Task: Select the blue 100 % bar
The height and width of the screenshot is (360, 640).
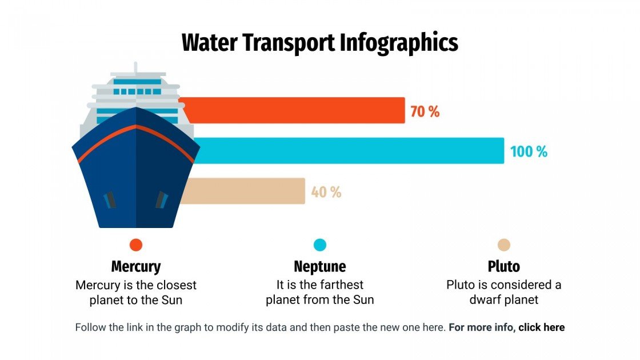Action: coord(349,150)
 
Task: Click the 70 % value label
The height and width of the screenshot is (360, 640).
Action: coord(425,111)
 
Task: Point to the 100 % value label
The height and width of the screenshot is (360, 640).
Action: coord(529,152)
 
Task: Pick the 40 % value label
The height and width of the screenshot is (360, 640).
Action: coord(326,193)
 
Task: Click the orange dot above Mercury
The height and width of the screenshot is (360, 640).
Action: coord(136,245)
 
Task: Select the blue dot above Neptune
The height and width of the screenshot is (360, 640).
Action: coord(320,245)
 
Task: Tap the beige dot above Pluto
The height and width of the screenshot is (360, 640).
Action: coord(504,245)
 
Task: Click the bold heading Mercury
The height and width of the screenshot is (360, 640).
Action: coord(136,266)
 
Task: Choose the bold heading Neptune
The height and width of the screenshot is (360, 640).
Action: coord(320,266)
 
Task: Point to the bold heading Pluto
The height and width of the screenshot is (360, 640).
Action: coord(504,266)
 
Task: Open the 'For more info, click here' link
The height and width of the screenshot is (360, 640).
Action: coord(507,327)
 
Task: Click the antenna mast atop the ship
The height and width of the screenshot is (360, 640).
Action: coord(135,68)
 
